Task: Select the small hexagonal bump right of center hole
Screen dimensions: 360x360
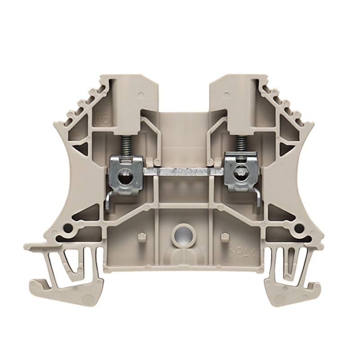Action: pos(223,235)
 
